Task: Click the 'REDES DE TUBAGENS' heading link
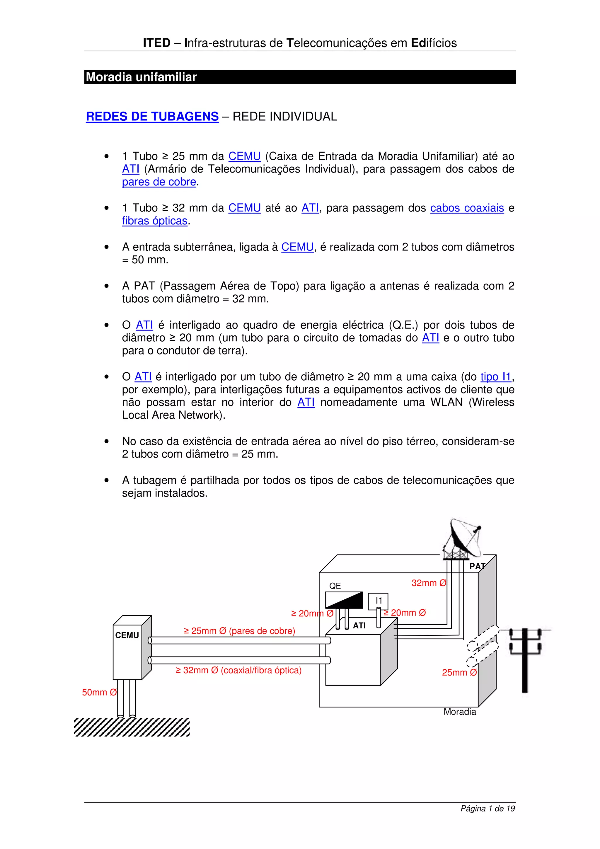point(152,117)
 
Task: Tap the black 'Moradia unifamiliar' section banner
point(299,77)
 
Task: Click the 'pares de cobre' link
point(159,182)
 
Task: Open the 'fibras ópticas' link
point(154,221)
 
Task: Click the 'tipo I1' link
point(495,377)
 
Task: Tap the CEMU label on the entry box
point(127,635)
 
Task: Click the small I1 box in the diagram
point(378,601)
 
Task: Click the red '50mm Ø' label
point(99,692)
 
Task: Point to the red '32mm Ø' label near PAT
point(429,583)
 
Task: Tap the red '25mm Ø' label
point(459,672)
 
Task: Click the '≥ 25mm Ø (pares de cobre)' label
point(239,631)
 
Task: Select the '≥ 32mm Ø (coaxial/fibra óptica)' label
point(238,670)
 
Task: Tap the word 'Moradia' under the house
point(459,712)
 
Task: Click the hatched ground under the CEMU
point(132,727)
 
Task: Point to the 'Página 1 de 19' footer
point(487,809)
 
